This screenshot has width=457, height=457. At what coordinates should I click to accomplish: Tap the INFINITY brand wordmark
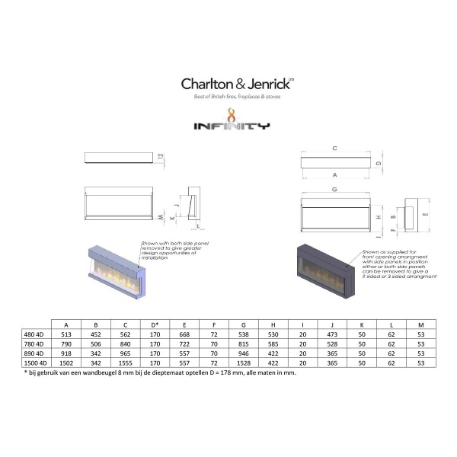[x=228, y=126]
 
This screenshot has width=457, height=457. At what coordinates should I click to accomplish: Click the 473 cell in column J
[x=329, y=333]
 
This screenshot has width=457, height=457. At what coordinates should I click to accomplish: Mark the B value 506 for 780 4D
[x=96, y=344]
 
